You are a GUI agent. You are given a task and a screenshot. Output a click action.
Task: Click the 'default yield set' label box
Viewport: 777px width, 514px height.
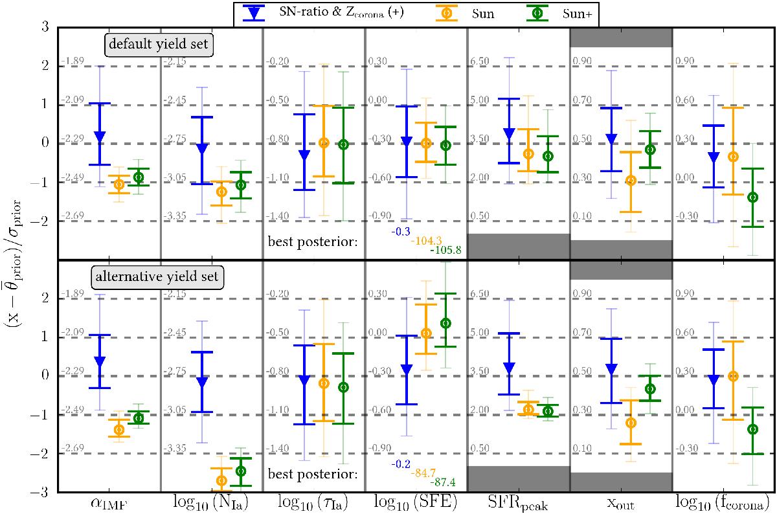[159, 45]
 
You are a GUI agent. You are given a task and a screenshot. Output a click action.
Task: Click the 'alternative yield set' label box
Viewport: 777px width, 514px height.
[157, 277]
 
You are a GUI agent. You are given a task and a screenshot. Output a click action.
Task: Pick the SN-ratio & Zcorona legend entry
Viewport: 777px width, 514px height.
[323, 13]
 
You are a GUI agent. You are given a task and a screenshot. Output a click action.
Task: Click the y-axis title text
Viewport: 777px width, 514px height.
[13, 263]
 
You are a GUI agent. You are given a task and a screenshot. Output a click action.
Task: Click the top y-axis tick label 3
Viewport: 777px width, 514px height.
[45, 27]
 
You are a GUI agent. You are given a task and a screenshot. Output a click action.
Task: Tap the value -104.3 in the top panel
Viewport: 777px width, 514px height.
[426, 240]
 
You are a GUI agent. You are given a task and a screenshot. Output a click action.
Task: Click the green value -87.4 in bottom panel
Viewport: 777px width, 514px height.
[443, 482]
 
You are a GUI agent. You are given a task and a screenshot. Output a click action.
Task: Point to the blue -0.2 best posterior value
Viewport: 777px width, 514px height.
[401, 464]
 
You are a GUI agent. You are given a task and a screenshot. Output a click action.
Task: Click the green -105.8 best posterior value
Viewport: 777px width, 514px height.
[445, 250]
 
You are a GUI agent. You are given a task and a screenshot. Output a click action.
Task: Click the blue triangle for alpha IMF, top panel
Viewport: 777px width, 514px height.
[100, 137]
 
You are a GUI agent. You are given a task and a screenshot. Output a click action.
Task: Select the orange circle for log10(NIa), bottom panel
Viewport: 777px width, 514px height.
[221, 481]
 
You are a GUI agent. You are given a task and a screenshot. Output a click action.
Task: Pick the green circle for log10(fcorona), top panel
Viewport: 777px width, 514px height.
[752, 197]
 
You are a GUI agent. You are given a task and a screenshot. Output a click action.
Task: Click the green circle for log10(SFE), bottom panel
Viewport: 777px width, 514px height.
[445, 323]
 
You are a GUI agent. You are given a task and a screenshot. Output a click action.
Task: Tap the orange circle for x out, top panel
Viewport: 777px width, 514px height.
[631, 181]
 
